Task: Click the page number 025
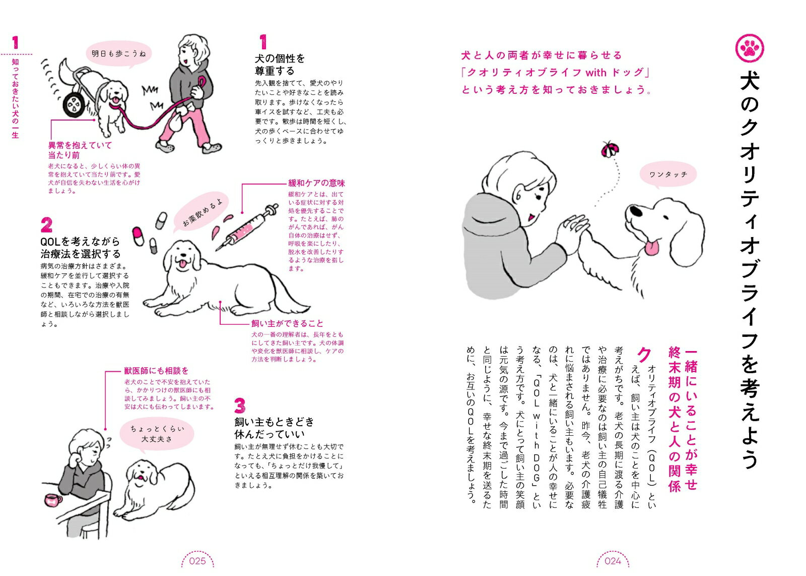click(197, 561)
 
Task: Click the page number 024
click(613, 561)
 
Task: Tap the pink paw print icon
click(750, 48)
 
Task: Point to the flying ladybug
click(611, 149)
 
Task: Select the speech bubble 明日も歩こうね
click(119, 54)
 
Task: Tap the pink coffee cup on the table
click(53, 500)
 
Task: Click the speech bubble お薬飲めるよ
click(202, 212)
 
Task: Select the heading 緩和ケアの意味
click(316, 183)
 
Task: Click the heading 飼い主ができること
click(287, 323)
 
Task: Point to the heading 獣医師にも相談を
click(156, 371)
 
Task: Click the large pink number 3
click(240, 405)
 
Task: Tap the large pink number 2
click(46, 225)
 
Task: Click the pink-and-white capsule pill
click(138, 236)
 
